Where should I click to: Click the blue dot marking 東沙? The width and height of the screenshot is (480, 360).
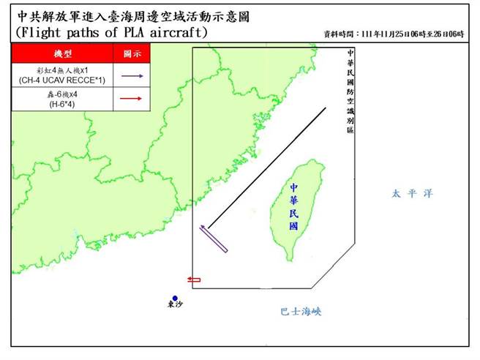[176, 298]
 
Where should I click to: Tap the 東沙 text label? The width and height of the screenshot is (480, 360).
[176, 306]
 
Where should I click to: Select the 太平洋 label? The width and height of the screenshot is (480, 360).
[412, 194]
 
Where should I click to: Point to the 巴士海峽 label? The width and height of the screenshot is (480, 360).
[301, 312]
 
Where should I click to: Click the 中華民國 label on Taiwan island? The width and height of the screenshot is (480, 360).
[294, 207]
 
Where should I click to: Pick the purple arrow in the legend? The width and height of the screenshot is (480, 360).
[132, 75]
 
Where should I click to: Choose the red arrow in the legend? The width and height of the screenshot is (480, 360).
[132, 99]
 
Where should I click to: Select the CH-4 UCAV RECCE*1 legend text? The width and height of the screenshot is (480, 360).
[62, 80]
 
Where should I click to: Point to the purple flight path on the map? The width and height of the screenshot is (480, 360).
[214, 239]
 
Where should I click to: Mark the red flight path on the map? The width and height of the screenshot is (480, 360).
[194, 280]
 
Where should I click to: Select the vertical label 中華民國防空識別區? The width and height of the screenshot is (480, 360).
[350, 91]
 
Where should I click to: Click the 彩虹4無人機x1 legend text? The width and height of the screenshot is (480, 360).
[62, 70]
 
